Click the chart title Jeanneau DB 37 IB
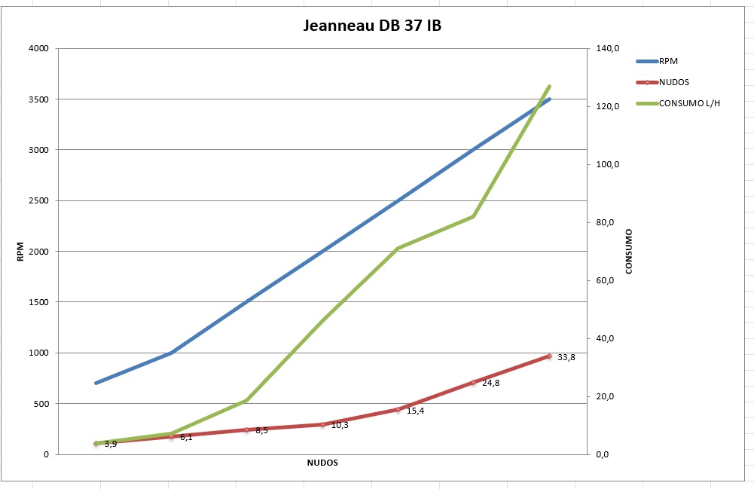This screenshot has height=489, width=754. tap(372, 26)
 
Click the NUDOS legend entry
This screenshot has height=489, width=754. tap(674, 82)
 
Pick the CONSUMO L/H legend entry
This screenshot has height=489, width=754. tap(689, 103)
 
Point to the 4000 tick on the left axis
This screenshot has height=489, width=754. tap(38, 49)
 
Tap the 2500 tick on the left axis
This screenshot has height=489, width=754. tap(38, 201)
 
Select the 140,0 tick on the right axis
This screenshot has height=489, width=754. tap(608, 49)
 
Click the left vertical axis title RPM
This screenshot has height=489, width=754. tap(21, 252)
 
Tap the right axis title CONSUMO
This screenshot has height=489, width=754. tap(629, 252)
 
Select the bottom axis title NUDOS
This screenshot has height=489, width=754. tap(322, 462)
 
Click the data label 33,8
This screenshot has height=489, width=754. tap(566, 358)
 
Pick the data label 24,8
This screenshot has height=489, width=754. tap(490, 384)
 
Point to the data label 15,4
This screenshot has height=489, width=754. tap(415, 411)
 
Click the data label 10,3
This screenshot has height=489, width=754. tap(340, 426)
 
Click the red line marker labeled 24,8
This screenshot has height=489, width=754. tap(473, 383)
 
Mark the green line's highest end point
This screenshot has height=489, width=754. tap(550, 87)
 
